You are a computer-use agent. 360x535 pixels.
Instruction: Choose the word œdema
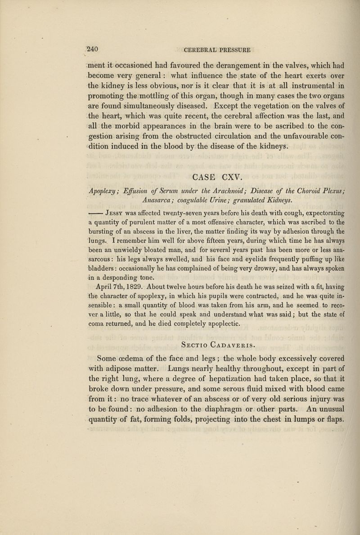pos(136,346)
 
